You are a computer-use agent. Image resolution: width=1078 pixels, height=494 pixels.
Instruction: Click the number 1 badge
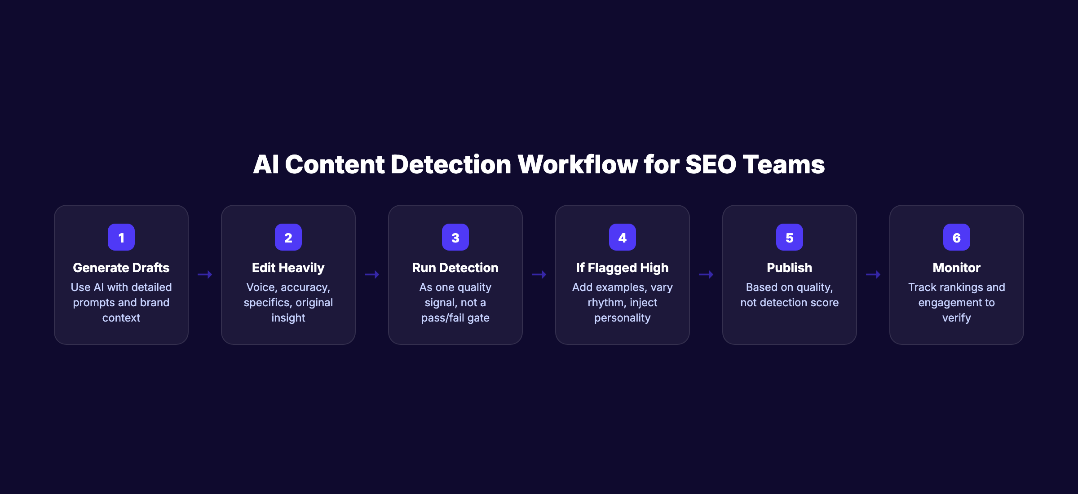(x=121, y=237)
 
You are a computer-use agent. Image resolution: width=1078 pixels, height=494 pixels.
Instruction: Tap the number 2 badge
(x=288, y=237)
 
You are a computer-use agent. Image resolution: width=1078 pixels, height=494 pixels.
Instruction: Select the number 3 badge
(x=455, y=237)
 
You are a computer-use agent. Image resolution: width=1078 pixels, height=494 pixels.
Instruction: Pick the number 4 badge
(x=623, y=237)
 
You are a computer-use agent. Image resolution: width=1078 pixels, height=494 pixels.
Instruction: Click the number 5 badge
(x=790, y=237)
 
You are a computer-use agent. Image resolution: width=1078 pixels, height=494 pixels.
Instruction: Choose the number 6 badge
(x=957, y=237)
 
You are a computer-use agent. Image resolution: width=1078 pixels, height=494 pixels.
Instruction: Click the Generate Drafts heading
(x=121, y=268)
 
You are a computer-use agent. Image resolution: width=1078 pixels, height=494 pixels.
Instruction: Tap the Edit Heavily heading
(x=288, y=268)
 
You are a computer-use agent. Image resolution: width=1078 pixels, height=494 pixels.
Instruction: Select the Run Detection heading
(x=455, y=268)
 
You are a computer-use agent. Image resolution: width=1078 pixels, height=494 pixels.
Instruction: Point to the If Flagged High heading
(x=623, y=268)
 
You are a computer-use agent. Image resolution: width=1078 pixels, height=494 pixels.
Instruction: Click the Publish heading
(x=790, y=268)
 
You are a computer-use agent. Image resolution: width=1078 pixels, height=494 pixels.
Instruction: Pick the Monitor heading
(x=957, y=268)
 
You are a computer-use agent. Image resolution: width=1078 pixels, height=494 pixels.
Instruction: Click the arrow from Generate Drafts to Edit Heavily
(x=205, y=274)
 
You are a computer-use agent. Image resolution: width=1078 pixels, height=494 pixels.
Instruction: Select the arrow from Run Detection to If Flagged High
(x=539, y=274)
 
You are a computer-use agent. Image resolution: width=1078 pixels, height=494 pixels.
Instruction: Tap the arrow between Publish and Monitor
(x=873, y=274)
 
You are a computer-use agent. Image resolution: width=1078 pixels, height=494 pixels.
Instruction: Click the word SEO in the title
(x=711, y=164)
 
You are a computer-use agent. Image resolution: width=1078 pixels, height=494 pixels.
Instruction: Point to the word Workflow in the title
(x=578, y=164)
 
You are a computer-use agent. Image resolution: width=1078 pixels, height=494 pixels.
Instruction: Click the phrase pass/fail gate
(x=455, y=318)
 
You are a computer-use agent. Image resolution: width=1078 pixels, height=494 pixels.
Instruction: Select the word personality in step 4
(x=623, y=318)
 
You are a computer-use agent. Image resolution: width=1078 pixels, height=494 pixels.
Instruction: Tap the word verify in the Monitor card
(x=957, y=318)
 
